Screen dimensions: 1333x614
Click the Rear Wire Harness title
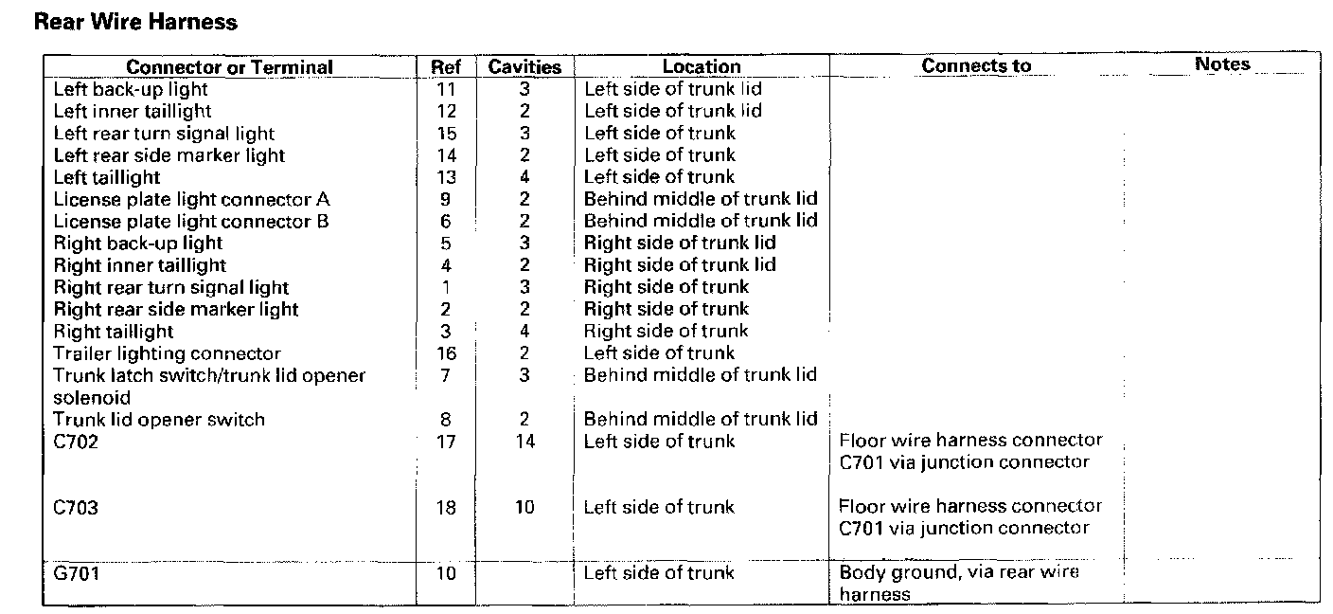pos(135,22)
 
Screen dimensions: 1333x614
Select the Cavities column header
pos(524,66)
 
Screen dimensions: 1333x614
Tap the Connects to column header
pos(976,65)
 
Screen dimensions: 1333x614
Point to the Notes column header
pos(1222,64)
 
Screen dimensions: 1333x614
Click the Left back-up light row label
pos(131,89)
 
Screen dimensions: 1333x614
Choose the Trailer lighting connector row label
pos(167,353)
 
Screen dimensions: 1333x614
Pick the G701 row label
pos(76,573)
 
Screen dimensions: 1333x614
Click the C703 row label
pos(76,507)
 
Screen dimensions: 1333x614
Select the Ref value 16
pos(446,353)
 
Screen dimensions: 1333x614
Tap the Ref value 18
pos(446,507)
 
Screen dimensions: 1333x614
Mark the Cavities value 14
pos(524,442)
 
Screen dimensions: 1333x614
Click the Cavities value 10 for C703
pos(524,507)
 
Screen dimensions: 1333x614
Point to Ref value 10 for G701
pos(446,573)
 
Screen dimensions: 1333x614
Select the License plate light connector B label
pos(191,222)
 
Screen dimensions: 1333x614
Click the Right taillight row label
pos(113,332)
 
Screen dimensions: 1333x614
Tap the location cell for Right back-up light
pos(680,243)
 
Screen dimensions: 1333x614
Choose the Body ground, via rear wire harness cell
pos(959,583)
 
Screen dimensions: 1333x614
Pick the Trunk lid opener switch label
pos(159,420)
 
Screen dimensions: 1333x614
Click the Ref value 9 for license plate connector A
pos(446,200)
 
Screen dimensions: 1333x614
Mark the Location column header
pos(702,66)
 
